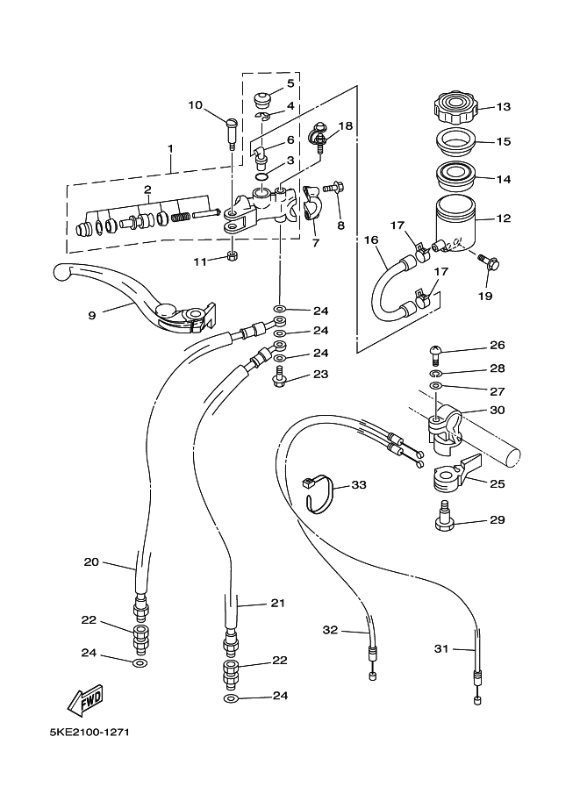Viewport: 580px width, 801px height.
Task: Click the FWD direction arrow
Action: click(x=86, y=699)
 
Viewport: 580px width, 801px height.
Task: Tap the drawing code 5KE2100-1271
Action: click(x=90, y=733)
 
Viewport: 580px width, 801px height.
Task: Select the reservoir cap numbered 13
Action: click(x=455, y=107)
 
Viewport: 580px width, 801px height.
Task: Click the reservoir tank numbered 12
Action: click(x=455, y=225)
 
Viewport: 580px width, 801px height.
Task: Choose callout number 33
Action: click(x=359, y=484)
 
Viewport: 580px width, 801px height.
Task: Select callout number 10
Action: click(x=195, y=105)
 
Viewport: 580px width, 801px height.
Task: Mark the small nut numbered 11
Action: click(x=232, y=256)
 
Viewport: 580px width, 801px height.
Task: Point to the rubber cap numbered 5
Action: click(x=261, y=99)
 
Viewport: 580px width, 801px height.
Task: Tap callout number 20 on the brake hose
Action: click(x=91, y=561)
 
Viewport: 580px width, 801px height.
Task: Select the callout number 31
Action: click(x=441, y=648)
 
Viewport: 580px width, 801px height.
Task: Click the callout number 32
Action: click(x=331, y=630)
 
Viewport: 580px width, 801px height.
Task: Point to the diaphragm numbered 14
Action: click(x=456, y=176)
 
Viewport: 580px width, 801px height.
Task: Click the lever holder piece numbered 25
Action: click(x=456, y=474)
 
